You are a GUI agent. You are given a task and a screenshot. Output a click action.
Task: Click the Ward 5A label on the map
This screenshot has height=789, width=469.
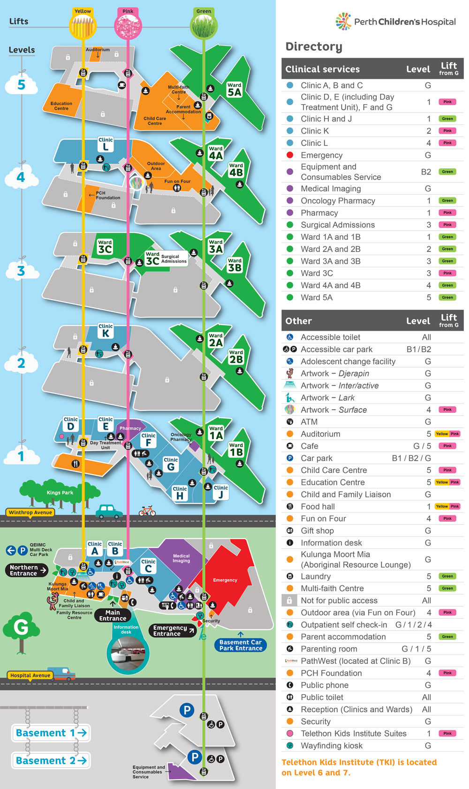[x=234, y=90]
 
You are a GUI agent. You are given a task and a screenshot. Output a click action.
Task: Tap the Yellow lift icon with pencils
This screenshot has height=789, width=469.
[x=83, y=27]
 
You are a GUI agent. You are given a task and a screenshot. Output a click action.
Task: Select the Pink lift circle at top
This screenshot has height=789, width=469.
[x=128, y=26]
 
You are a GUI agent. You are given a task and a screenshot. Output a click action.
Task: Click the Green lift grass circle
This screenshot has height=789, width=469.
[x=204, y=26]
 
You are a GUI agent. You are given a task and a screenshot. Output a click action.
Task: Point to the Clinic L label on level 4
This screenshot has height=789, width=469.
[x=106, y=144]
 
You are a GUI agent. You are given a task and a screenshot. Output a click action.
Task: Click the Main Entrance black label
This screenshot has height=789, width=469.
[x=113, y=615]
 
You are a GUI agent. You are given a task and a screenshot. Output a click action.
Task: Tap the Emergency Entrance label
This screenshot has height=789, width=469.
[x=172, y=631]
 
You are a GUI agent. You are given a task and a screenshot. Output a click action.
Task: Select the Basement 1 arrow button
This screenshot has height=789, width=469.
[x=51, y=733]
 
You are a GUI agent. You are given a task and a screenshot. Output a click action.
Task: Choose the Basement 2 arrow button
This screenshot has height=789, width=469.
[x=51, y=760]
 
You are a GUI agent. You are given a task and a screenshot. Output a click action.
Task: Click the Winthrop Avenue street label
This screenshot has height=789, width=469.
[x=30, y=513]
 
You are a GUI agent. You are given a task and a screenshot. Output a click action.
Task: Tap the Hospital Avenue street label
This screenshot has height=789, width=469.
[x=30, y=675]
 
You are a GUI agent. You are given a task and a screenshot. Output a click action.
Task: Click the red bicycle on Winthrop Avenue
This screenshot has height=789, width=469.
[x=147, y=511]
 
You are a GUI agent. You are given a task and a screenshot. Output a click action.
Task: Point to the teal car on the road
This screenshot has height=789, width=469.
[x=109, y=511]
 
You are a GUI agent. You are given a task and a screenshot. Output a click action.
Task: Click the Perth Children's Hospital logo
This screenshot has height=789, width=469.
[x=395, y=22]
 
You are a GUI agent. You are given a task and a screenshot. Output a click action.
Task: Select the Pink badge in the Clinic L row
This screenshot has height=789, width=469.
[x=447, y=143]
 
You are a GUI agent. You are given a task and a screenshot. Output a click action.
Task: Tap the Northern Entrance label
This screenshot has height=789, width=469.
[x=26, y=570]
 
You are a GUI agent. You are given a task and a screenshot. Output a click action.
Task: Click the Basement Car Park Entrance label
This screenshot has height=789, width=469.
[x=241, y=645]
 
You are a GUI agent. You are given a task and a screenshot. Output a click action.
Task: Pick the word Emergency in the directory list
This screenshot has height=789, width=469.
[x=322, y=155]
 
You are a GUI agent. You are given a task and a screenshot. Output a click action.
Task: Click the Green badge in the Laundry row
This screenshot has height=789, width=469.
[x=447, y=576]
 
